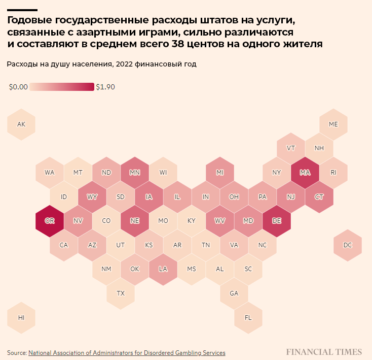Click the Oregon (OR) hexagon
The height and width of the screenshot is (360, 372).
tap(50, 221)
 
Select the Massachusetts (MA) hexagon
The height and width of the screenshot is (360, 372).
tap(305, 172)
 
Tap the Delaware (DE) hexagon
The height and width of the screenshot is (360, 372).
tap(277, 221)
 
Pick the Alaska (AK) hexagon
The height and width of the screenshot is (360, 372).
tap(21, 124)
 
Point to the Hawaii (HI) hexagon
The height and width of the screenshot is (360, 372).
tap(21, 317)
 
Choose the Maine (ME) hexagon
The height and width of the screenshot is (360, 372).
tap(333, 124)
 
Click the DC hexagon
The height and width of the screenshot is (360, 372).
tap(347, 245)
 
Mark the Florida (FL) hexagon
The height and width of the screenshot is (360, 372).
tap(248, 317)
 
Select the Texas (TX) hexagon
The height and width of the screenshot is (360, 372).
tap(121, 293)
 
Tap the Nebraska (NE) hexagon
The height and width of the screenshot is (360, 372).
tap(135, 221)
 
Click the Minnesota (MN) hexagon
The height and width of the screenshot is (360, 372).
tap(135, 172)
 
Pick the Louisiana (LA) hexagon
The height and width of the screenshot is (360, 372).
tap(163, 269)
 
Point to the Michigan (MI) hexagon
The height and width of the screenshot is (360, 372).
tap(220, 172)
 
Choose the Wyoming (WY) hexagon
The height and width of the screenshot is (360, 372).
tap(92, 197)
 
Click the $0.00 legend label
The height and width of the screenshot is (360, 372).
tap(18, 87)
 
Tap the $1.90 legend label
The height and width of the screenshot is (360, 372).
tap(105, 87)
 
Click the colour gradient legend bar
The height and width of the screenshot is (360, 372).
tap(62, 87)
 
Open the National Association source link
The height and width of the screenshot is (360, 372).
tap(127, 352)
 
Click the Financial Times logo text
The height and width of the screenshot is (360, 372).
tap(324, 352)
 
